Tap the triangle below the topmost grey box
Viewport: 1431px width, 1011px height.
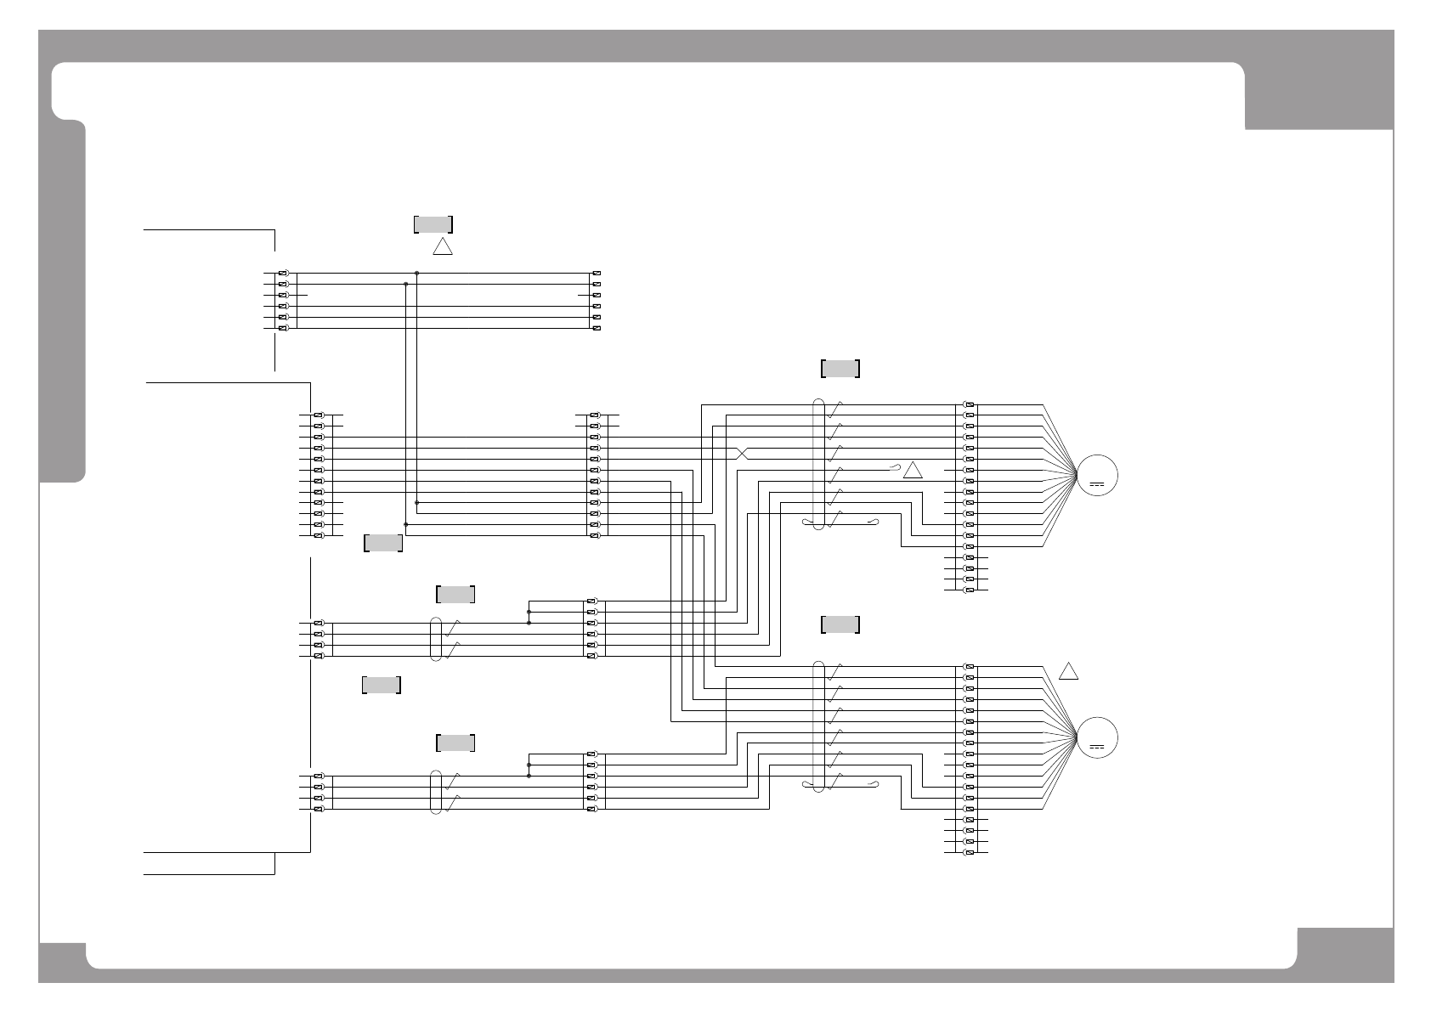443,247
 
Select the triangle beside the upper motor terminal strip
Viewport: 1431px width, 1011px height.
913,471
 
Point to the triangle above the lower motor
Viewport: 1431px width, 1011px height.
1069,671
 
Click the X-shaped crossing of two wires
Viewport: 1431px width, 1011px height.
743,453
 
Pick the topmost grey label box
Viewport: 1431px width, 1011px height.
433,224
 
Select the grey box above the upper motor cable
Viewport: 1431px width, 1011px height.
840,369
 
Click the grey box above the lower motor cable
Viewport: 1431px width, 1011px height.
840,624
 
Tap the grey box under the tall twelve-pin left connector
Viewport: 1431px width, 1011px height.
382,543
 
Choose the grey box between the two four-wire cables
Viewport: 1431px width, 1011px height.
382,685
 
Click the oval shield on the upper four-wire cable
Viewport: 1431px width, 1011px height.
437,639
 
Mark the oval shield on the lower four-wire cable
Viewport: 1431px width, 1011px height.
437,792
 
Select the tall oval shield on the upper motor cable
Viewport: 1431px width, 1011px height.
818,464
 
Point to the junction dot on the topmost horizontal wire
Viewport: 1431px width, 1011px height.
416,273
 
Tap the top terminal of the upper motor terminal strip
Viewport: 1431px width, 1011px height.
970,404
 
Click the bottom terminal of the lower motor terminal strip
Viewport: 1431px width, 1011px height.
970,852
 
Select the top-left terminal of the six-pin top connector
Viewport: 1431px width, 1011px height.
283,273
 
